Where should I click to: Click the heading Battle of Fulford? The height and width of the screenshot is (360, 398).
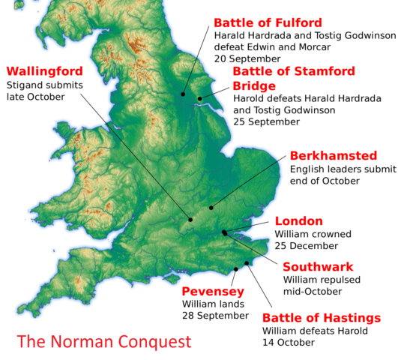click(x=268, y=22)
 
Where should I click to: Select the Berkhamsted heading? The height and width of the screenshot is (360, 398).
click(x=333, y=156)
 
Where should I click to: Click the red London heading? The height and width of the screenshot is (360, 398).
click(x=298, y=221)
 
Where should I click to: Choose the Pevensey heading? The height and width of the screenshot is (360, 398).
click(x=213, y=291)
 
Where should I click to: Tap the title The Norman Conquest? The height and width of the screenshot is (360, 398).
click(x=104, y=342)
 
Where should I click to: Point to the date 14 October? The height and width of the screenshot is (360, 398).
click(x=288, y=343)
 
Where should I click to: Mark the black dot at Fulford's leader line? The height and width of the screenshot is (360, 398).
click(x=182, y=94)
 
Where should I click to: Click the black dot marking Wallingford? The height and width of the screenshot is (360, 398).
click(x=190, y=220)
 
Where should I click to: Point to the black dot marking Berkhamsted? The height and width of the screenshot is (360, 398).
click(x=211, y=208)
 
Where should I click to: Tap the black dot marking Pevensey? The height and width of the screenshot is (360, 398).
click(x=236, y=268)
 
